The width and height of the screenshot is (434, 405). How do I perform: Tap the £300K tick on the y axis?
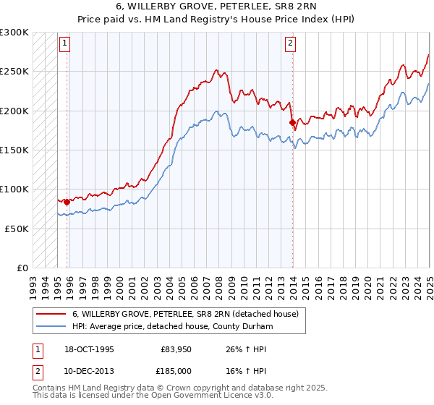click(14, 33)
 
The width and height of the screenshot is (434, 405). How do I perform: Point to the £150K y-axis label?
click(14, 150)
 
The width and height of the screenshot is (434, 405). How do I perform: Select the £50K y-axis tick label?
click(17, 229)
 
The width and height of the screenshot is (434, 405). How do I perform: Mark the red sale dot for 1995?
click(67, 202)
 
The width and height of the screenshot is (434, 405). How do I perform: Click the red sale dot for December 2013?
click(292, 122)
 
